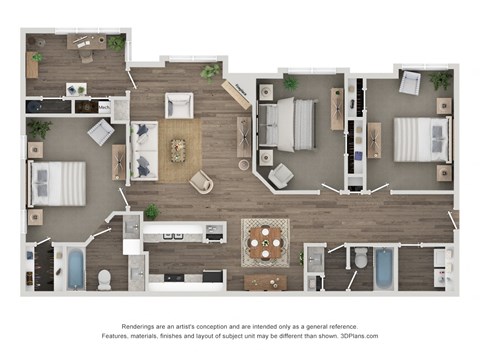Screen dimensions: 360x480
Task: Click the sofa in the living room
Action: click(x=144, y=150)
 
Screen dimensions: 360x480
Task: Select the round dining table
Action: click(x=265, y=240)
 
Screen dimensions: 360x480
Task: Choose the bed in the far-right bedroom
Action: click(x=420, y=140)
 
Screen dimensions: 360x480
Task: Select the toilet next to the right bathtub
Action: click(x=360, y=259)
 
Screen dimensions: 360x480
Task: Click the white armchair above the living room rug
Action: click(x=179, y=103)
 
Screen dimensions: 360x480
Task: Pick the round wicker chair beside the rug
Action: click(x=201, y=182)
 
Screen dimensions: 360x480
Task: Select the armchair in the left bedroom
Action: click(x=101, y=130)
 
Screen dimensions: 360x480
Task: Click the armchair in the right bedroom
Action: click(x=409, y=84)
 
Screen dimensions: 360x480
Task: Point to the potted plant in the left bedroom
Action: click(x=40, y=128)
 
